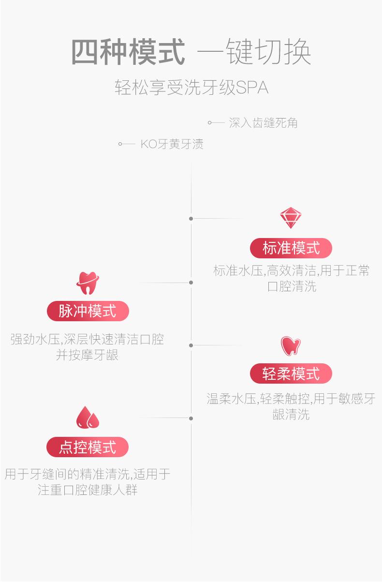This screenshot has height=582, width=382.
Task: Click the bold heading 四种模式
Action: point(128,51)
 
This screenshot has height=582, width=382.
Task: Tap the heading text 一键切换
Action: point(254,51)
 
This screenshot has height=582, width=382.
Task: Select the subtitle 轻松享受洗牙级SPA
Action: point(191,87)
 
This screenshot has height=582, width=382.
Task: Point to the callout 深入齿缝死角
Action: point(263,122)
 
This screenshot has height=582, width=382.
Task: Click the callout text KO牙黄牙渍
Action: point(172,144)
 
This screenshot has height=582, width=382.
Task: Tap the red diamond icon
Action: point(291,218)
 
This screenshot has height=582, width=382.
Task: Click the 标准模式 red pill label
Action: point(291,248)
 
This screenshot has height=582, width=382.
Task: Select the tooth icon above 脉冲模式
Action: point(88,283)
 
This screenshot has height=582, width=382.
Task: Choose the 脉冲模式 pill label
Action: point(88,311)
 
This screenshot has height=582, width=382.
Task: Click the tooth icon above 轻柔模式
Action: point(291,346)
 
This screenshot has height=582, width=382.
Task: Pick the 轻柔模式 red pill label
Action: point(291,373)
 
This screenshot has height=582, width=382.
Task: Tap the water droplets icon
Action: point(88,418)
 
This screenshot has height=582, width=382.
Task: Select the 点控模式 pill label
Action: point(88,447)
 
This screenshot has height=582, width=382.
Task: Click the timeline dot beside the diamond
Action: point(191,219)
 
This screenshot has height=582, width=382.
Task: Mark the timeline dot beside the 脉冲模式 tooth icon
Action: point(191,283)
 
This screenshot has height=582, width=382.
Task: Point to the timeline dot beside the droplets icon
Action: point(191,418)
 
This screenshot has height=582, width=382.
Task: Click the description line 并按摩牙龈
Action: point(87,355)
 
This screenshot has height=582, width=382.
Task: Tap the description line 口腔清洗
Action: point(292,286)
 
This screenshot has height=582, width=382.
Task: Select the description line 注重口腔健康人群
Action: point(88,490)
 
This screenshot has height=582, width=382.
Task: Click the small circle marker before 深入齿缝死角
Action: point(209,122)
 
